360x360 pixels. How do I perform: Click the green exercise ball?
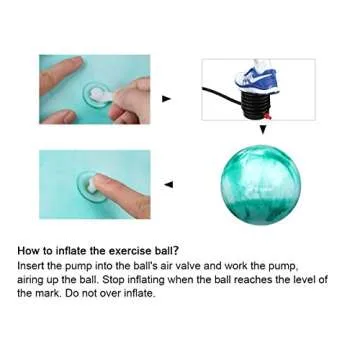(x=260, y=183)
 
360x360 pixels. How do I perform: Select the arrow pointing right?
(x=166, y=98)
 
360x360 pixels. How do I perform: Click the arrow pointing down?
(x=263, y=129)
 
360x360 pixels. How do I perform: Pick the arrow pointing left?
(x=167, y=184)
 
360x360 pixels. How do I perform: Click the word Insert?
(x=30, y=267)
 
